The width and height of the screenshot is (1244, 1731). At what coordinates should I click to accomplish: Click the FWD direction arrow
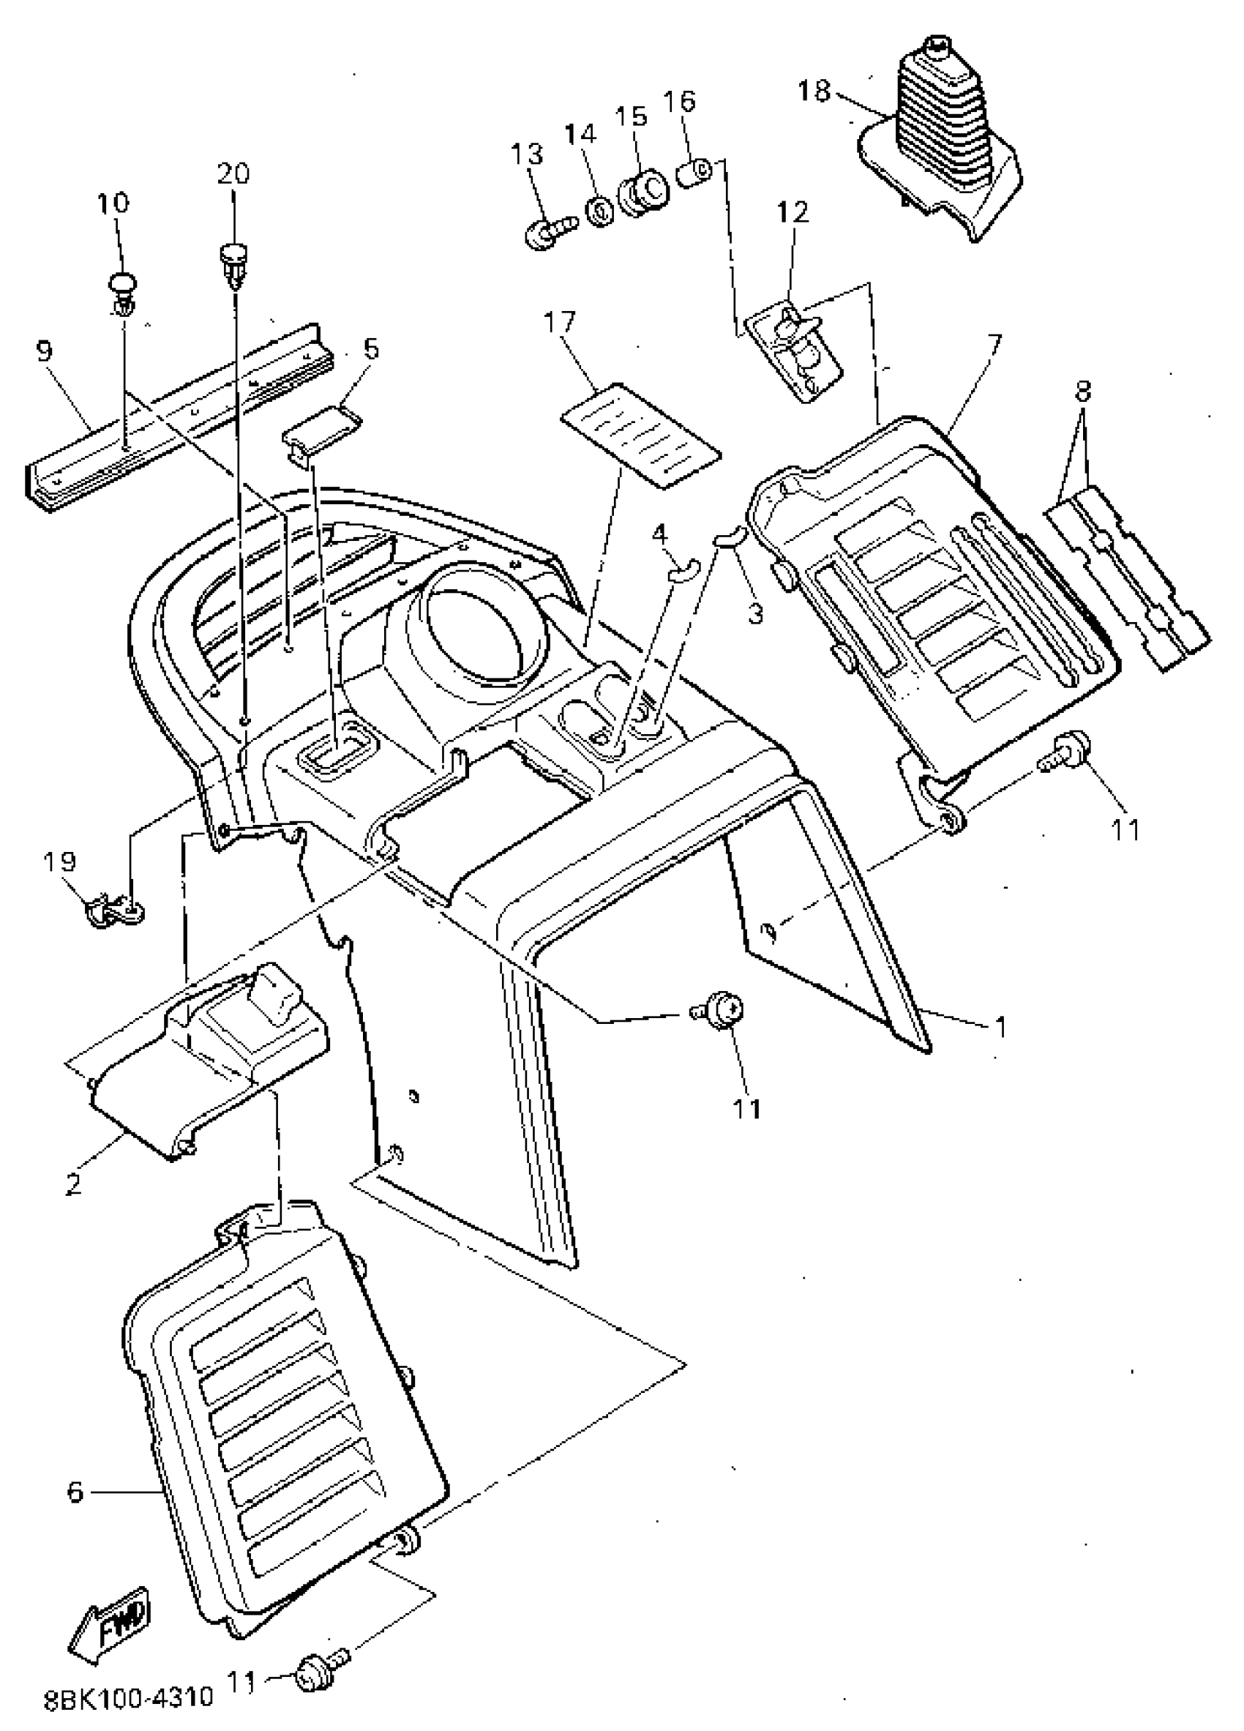pyautogui.click(x=112, y=1634)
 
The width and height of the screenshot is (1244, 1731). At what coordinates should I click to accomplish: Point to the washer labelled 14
pyautogui.click(x=601, y=209)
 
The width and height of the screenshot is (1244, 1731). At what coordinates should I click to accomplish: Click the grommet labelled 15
pyautogui.click(x=642, y=192)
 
